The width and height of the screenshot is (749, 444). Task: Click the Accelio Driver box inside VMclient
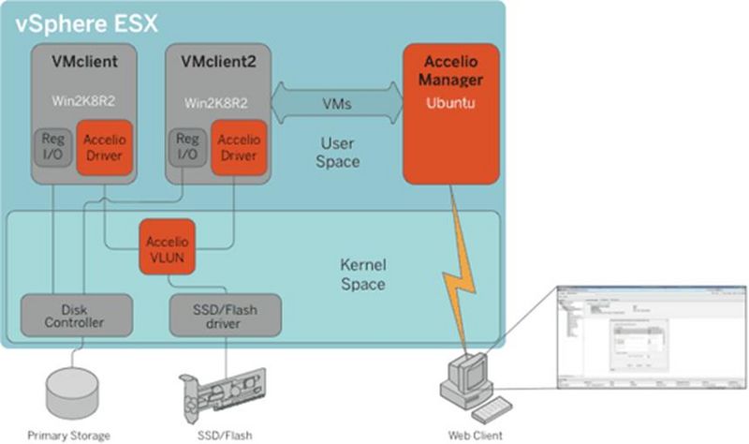click(x=103, y=148)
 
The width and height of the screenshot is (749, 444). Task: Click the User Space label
click(x=339, y=153)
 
